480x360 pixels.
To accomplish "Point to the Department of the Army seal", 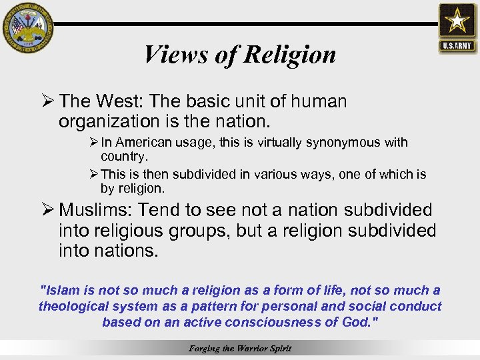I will [x=27, y=27].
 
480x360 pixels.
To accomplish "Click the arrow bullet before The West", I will [x=47, y=101].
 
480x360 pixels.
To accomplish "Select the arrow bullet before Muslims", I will [x=47, y=210].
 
